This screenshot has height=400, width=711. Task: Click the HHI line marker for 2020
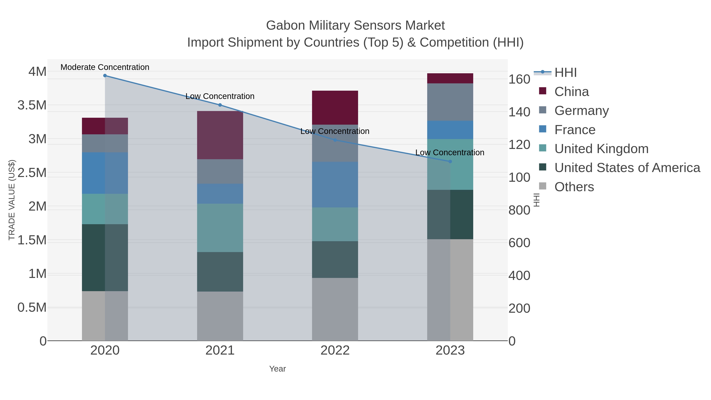(105, 76)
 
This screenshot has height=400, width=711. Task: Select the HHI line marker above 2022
(335, 140)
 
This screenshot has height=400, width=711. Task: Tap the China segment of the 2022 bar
(335, 108)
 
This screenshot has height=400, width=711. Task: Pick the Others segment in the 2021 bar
(220, 316)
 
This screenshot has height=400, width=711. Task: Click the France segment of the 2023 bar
(450, 130)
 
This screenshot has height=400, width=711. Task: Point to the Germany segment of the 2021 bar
(220, 171)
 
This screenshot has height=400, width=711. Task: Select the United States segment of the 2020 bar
(105, 258)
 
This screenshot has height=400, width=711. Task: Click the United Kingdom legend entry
(601, 149)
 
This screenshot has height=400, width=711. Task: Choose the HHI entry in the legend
(565, 73)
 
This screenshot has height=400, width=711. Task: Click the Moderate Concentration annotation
(105, 67)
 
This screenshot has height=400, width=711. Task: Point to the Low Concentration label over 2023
(450, 152)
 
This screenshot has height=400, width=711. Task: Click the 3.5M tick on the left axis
(32, 105)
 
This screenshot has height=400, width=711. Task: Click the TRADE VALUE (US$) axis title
(12, 200)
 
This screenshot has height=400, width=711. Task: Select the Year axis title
(277, 369)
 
